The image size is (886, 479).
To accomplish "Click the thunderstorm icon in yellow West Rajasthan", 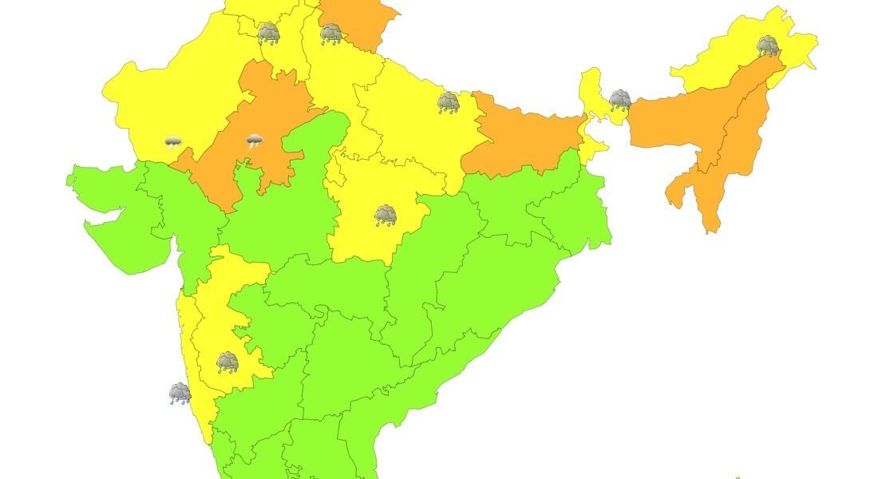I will click(173, 144).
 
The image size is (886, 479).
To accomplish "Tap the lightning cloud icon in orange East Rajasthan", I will click(255, 143).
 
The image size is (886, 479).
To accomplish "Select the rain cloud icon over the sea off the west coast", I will click(180, 393).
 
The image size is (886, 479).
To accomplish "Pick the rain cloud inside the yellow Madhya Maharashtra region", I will click(227, 362).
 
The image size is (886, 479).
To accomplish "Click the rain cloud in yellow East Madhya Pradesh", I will click(386, 215).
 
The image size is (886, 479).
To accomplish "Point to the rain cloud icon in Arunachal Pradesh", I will click(768, 45).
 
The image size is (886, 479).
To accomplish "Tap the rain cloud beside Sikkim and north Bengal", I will click(620, 100).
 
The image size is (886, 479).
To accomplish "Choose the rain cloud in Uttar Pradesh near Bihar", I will click(449, 102).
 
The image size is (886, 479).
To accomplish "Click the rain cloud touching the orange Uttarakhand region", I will click(331, 34).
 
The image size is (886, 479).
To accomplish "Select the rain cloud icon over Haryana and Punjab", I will click(269, 33).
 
